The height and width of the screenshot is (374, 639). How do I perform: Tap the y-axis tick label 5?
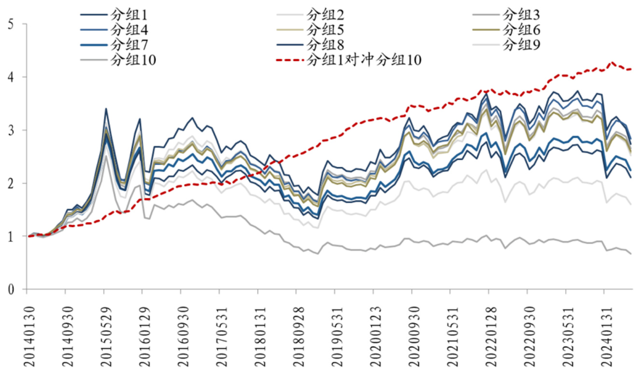11,24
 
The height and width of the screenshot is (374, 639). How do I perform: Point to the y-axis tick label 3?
11,130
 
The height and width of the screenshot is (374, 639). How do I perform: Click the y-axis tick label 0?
11,289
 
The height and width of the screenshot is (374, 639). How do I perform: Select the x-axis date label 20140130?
27,333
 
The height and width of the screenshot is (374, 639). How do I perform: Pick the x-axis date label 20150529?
104,333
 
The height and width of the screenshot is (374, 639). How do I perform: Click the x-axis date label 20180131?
258,333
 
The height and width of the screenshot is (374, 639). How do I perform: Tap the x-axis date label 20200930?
412,333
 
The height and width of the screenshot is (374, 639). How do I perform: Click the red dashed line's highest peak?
612,62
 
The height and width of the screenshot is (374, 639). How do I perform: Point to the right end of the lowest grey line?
631,254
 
